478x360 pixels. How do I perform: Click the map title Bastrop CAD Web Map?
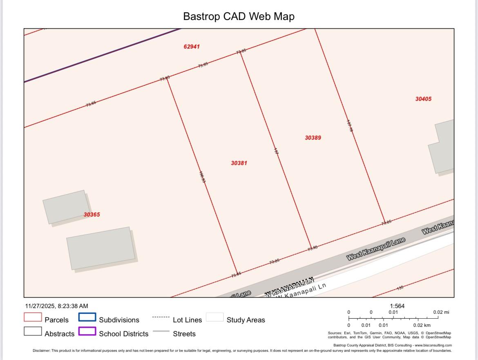click(239, 16)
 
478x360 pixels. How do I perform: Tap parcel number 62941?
click(192, 47)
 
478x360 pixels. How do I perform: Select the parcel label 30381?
click(239, 163)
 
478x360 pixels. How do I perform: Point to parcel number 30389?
click(313, 138)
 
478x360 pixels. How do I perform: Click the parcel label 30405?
click(423, 99)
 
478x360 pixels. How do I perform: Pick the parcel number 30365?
click(92, 215)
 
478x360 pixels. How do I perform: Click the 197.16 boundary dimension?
click(350, 125)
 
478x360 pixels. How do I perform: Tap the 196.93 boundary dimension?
click(202, 177)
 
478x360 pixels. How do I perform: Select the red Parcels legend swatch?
click(33, 318)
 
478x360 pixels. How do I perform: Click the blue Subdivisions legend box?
click(87, 318)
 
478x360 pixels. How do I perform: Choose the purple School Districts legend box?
click(87, 331)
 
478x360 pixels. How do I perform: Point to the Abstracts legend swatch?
click(33, 331)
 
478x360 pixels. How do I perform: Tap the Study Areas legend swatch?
click(214, 318)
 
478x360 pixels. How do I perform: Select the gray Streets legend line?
click(161, 331)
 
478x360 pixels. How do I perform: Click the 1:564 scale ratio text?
click(397, 306)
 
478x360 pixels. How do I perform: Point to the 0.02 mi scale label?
click(441, 312)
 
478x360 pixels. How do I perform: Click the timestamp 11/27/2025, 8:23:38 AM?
click(56, 306)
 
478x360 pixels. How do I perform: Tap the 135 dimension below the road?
click(400, 288)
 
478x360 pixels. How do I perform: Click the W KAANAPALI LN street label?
click(289, 286)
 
